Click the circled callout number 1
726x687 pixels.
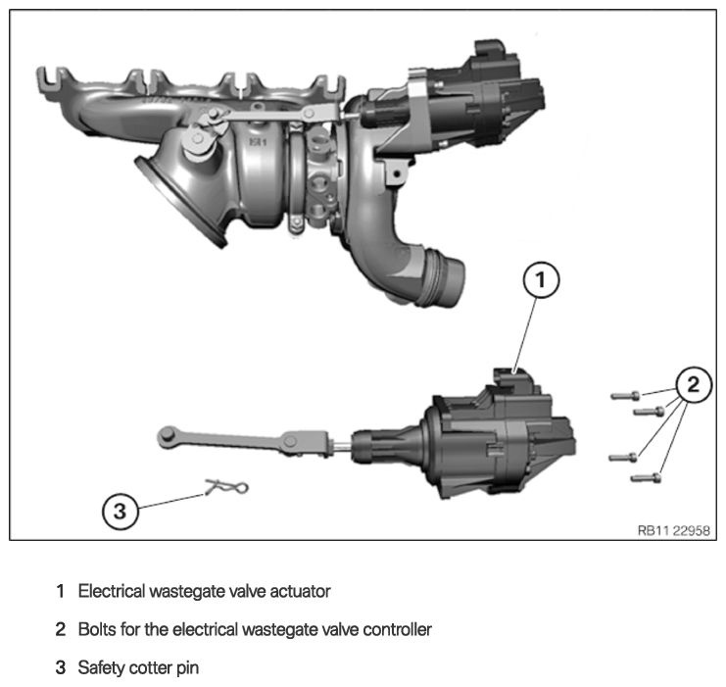[x=541, y=280]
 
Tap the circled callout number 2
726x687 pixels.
[x=693, y=384]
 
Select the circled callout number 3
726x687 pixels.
[x=120, y=512]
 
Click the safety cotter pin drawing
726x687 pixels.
[x=226, y=487]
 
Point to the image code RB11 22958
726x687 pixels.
[x=673, y=530]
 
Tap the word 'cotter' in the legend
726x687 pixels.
[x=149, y=668]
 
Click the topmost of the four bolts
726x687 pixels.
[x=625, y=396]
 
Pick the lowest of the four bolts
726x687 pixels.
[x=646, y=477]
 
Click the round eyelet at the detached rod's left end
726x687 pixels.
[x=166, y=436]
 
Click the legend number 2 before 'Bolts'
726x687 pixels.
[x=60, y=629]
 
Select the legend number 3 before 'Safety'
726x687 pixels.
[x=60, y=668]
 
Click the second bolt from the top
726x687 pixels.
[x=649, y=411]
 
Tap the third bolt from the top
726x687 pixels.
[x=623, y=458]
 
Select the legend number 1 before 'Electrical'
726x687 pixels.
[x=60, y=591]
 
